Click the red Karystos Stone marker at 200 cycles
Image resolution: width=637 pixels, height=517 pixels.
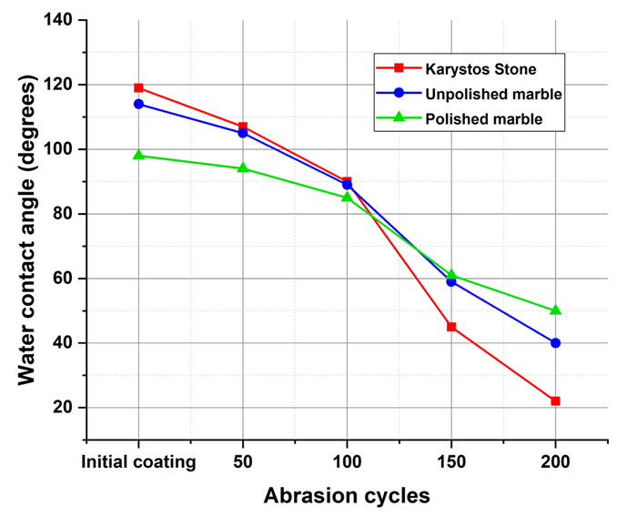(555, 400)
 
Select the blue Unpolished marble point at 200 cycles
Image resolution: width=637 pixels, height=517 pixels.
(555, 343)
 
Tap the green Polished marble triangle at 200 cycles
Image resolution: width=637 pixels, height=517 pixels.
(555, 310)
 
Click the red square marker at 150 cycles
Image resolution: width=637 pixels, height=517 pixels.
(451, 327)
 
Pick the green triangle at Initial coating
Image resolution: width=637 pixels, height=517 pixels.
(138, 155)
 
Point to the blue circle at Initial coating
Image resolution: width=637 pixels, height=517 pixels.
(138, 104)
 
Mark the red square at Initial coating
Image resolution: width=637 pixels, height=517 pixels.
(138, 88)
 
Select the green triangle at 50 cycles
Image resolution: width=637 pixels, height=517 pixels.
(243, 168)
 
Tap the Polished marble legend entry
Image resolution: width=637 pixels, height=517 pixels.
(475, 118)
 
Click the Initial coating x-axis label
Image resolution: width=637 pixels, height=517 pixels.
(138, 461)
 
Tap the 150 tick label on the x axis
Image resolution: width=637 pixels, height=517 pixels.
(451, 461)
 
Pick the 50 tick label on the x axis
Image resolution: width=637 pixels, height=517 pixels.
(243, 461)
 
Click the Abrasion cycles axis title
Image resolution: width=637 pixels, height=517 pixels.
(347, 496)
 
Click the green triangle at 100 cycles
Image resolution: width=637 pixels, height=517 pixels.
(347, 197)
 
